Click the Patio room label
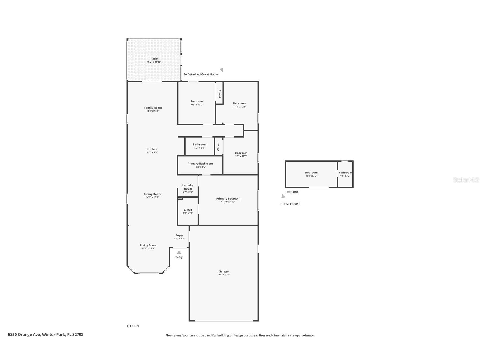(154, 59)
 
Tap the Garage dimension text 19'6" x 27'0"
(224, 275)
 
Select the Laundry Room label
(188, 187)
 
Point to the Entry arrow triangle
(179, 252)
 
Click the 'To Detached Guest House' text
(201, 74)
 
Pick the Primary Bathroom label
(200, 164)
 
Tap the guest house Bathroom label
(345, 173)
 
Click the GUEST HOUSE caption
(290, 204)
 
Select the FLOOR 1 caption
(133, 326)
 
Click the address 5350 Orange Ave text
(24, 335)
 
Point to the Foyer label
(179, 235)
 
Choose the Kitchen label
(152, 149)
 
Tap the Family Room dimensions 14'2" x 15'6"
(153, 111)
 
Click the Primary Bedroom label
(228, 198)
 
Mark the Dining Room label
(152, 194)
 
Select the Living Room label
(148, 245)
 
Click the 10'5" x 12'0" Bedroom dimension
(197, 105)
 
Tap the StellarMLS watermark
(466, 180)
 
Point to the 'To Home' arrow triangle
(283, 196)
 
